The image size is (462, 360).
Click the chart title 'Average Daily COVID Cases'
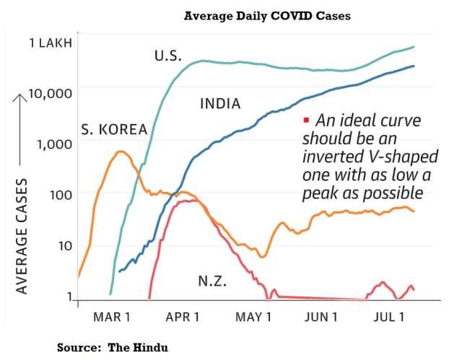[267, 16]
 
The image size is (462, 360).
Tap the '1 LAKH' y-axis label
[50, 43]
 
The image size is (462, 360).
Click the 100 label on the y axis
[59, 194]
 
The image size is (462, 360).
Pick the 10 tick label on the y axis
[63, 245]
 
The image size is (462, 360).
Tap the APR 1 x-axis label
[183, 318]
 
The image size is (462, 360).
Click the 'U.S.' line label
[168, 56]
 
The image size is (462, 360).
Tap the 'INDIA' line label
[219, 105]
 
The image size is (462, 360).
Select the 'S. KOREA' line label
[113, 130]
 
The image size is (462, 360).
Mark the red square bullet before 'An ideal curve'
[306, 120]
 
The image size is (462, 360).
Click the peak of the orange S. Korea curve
[121, 152]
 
